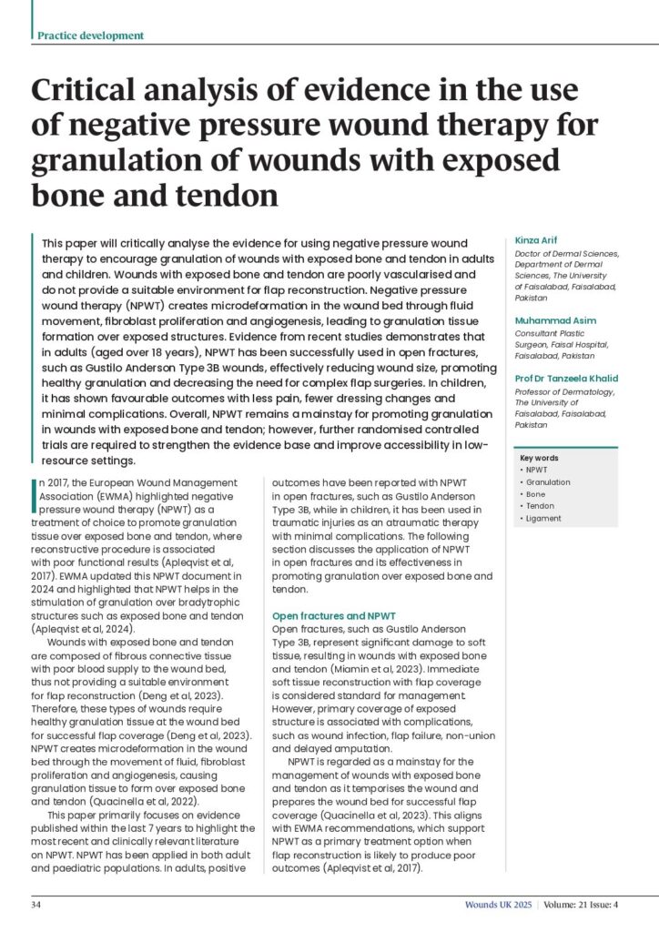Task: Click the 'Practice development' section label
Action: click(90, 35)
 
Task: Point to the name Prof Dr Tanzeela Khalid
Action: click(567, 379)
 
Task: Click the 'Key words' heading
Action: click(540, 458)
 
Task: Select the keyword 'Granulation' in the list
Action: click(549, 482)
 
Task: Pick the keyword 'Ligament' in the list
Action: click(544, 519)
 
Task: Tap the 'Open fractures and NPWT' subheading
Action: click(335, 617)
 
